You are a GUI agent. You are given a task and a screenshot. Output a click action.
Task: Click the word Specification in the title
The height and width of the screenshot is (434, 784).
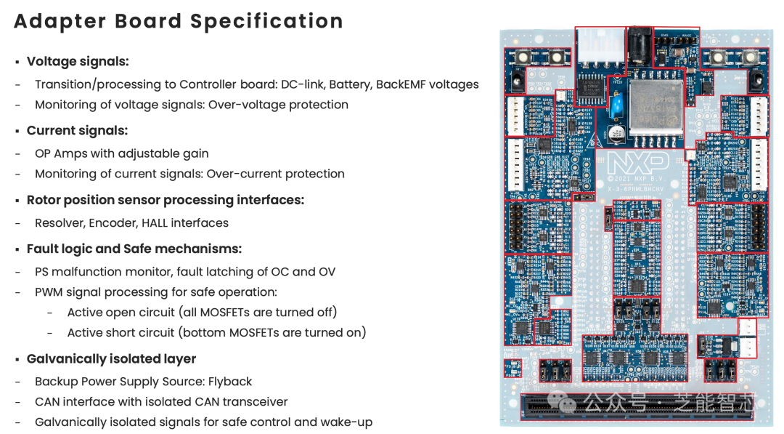[x=266, y=21]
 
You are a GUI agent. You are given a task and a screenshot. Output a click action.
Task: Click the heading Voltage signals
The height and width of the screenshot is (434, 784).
[x=78, y=62]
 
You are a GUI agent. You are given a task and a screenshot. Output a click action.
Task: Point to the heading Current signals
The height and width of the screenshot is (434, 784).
[x=77, y=131]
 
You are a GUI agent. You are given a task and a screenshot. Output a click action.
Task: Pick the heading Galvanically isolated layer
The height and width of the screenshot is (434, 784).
[x=111, y=359]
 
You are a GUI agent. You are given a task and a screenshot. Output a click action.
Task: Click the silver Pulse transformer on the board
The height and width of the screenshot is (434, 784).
[x=654, y=107]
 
